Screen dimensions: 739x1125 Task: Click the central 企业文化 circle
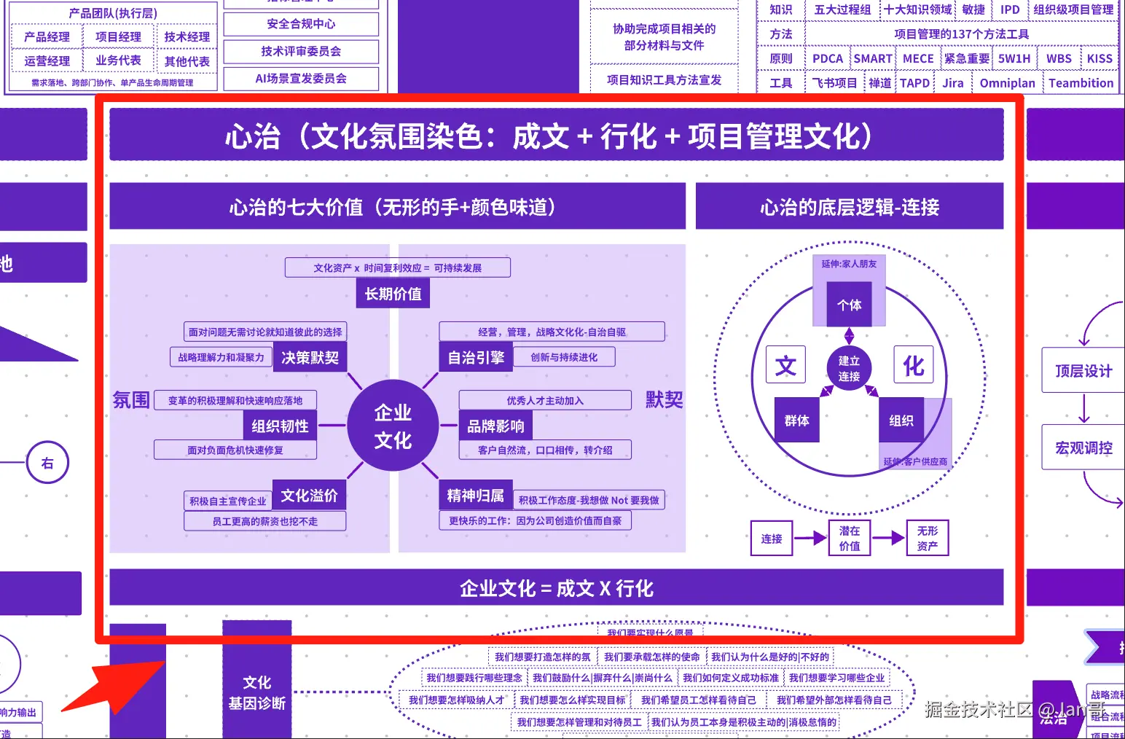tap(393, 426)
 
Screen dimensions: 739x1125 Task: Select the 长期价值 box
tap(393, 294)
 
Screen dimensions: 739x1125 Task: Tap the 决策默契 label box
tap(310, 357)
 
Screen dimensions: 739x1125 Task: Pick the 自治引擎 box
tap(476, 357)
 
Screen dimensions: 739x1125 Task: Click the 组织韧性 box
tap(280, 426)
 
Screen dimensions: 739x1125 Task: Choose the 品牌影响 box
tap(495, 426)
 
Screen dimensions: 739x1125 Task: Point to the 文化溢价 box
tap(309, 496)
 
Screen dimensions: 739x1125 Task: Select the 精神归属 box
tap(475, 496)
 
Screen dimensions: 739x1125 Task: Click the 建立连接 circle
tap(849, 369)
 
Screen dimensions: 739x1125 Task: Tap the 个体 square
tap(849, 305)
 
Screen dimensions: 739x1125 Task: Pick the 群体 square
tap(796, 421)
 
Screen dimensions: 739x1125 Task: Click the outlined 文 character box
tap(785, 365)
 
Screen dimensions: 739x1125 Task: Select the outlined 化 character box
tap(913, 365)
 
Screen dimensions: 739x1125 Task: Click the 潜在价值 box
tap(850, 539)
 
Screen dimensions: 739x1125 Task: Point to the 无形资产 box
tap(928, 539)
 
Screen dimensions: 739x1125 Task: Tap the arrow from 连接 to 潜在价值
tap(810, 539)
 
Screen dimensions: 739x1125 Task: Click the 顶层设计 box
tap(1083, 371)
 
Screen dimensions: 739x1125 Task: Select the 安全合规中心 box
tap(301, 24)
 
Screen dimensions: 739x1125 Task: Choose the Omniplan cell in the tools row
tap(1007, 83)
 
